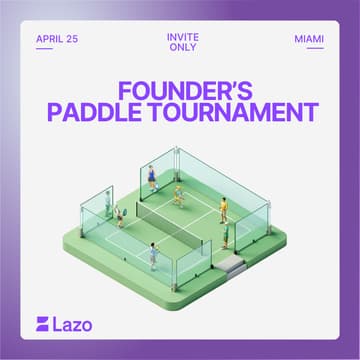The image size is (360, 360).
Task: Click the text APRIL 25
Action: coord(56,40)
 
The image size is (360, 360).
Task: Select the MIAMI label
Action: coord(309,40)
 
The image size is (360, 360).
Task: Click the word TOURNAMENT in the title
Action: coord(238,112)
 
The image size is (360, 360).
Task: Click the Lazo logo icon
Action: coord(43,325)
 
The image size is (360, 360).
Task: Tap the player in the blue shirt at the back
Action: coord(152,178)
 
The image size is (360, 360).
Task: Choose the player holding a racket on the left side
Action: coord(120,216)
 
